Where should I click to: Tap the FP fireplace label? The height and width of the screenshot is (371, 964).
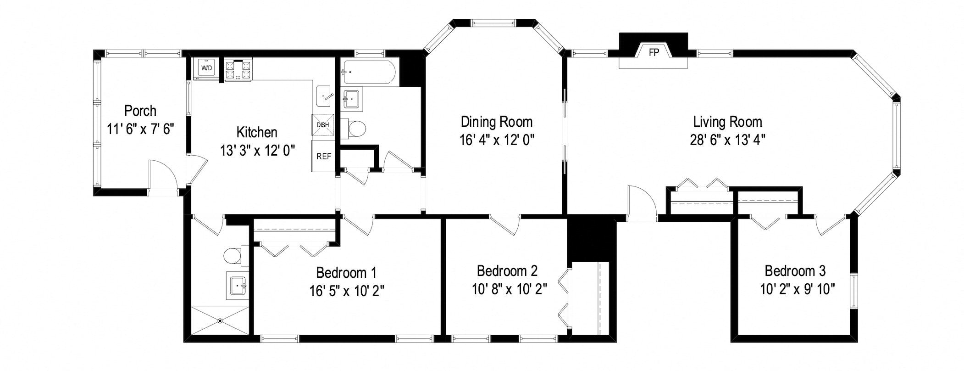click(654, 52)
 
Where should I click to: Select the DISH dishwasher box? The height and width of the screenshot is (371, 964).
click(322, 125)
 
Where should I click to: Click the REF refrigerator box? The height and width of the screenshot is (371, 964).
click(324, 156)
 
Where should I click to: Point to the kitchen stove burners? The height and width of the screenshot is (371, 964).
click(238, 70)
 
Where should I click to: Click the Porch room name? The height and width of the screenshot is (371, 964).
click(140, 111)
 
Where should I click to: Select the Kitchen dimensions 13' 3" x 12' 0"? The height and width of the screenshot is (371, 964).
click(257, 150)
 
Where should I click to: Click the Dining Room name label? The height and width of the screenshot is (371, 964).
click(497, 122)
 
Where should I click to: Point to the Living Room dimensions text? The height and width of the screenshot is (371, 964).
click(728, 139)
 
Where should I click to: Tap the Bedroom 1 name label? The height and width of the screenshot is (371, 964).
click(346, 273)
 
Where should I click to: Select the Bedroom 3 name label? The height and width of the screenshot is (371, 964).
click(795, 271)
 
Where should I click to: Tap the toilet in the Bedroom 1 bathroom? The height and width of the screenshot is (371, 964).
click(236, 255)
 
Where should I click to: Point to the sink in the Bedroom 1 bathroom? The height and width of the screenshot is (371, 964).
click(238, 286)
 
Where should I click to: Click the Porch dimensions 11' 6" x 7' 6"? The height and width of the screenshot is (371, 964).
click(140, 129)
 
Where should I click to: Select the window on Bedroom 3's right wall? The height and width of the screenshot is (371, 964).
click(853, 291)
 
